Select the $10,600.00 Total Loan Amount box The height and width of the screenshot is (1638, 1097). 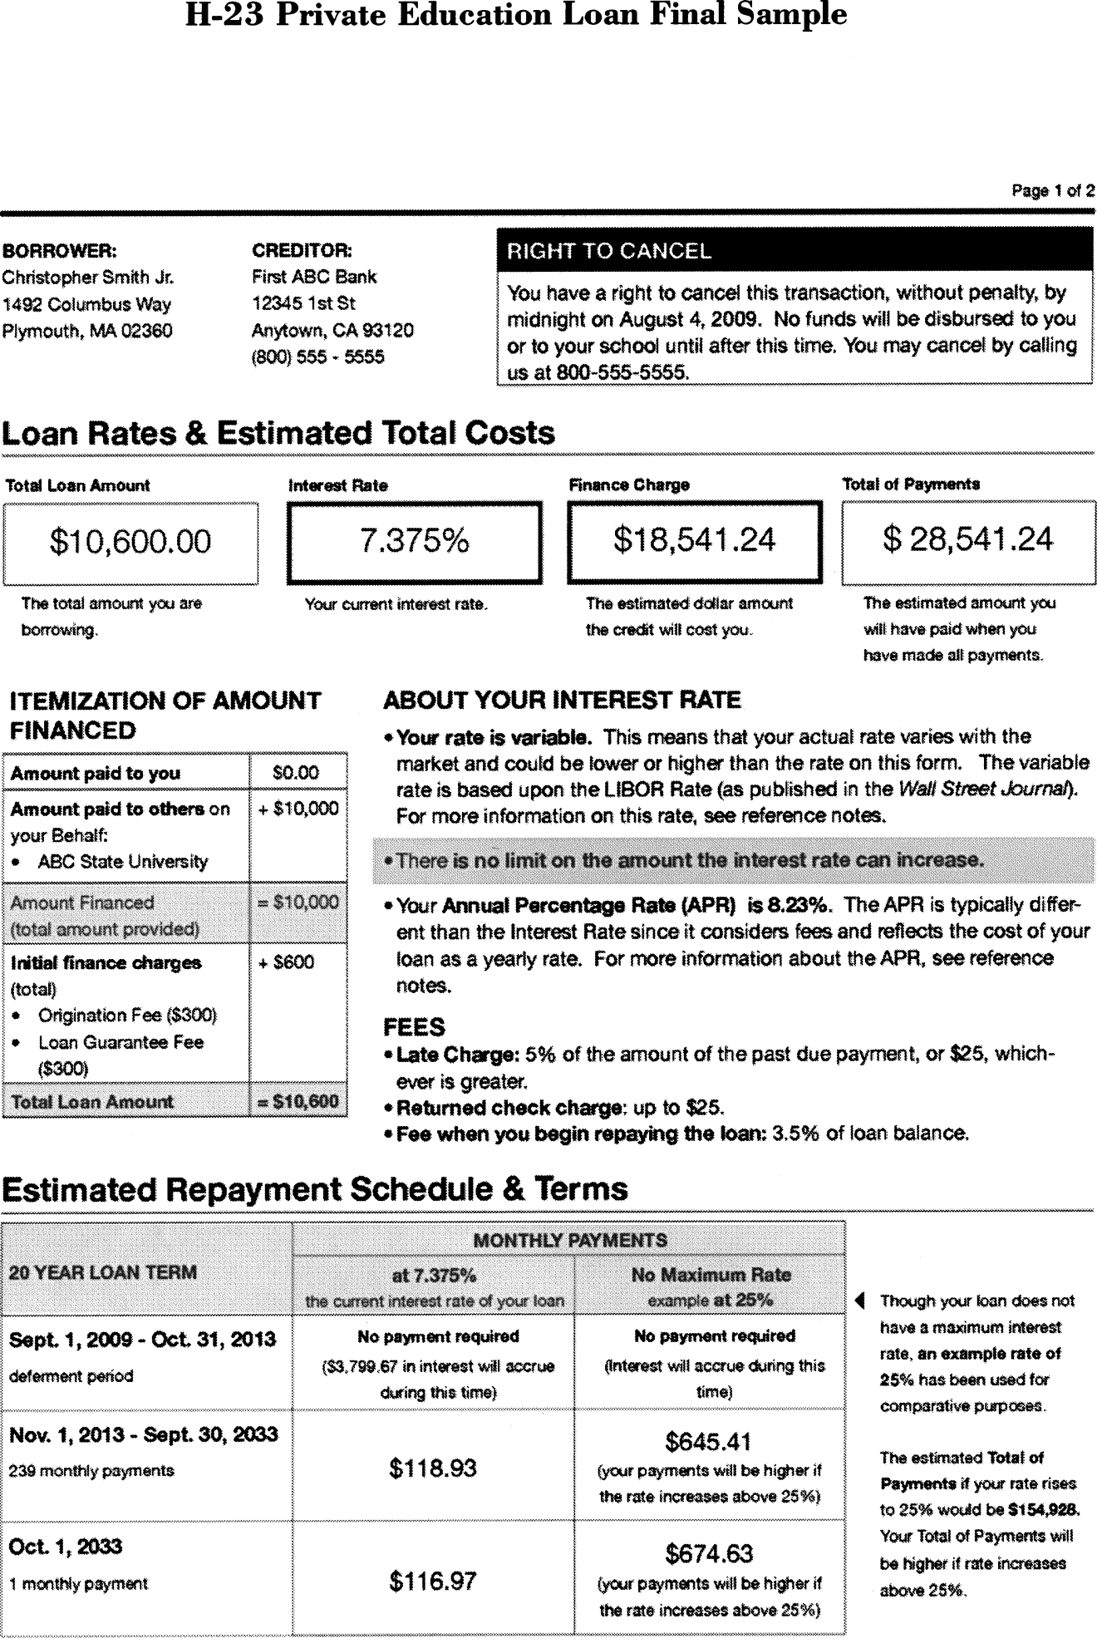(x=130, y=542)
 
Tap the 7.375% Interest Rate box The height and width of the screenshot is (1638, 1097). (x=414, y=541)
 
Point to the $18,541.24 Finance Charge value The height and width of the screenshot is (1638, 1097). (x=694, y=540)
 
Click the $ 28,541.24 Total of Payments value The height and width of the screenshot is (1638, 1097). (x=968, y=539)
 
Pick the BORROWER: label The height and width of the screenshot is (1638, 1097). (x=59, y=250)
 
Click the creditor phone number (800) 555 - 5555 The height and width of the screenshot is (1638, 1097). (x=317, y=357)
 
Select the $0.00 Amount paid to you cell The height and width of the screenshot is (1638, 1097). (x=296, y=773)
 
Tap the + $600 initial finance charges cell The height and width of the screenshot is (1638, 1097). (x=287, y=962)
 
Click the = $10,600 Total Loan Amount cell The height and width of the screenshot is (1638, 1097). (x=298, y=1102)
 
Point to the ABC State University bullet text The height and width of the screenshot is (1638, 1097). (x=122, y=862)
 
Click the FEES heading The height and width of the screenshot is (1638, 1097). (x=414, y=1027)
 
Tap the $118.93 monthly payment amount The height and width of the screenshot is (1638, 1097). (x=432, y=1468)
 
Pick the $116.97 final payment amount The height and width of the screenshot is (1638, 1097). (x=432, y=1581)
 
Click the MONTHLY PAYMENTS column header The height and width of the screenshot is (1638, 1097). (x=569, y=1241)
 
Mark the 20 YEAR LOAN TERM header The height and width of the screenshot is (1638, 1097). (x=102, y=1272)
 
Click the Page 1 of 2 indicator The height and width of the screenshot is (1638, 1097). (x=1052, y=191)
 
